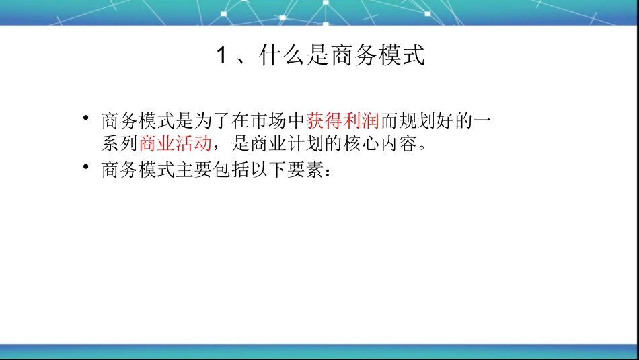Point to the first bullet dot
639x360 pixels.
[x=85, y=119]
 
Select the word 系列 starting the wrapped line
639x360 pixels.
[x=120, y=143]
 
